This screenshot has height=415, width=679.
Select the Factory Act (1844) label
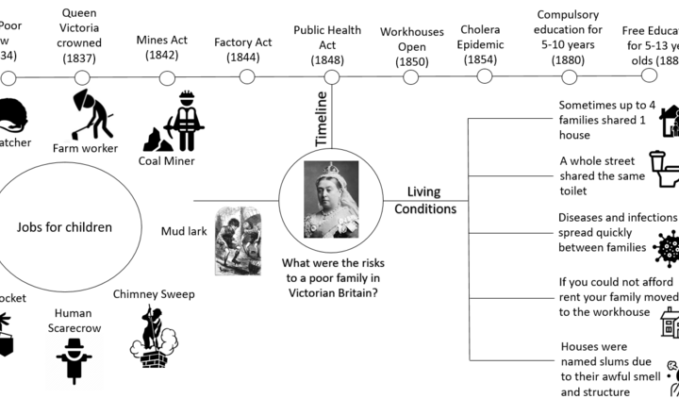[243, 49]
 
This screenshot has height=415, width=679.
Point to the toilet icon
[663, 170]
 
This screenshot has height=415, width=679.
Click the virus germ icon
[666, 248]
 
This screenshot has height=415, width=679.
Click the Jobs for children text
[65, 227]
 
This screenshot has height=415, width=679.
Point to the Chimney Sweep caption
[154, 294]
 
